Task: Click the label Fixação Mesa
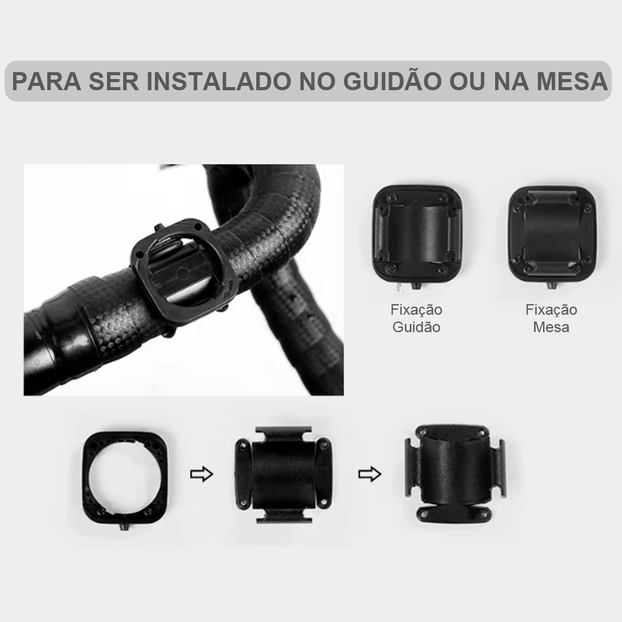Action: (x=551, y=318)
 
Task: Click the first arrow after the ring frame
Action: (x=200, y=475)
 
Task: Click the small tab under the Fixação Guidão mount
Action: (x=416, y=285)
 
